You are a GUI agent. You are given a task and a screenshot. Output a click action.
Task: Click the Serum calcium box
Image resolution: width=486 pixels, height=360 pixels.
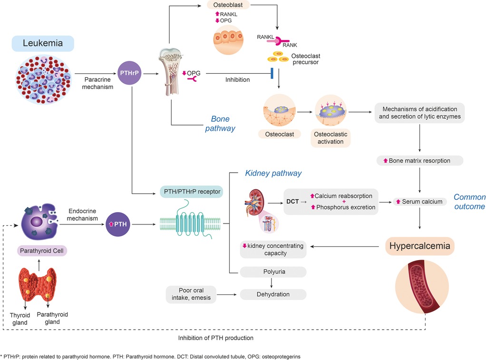click(x=418, y=202)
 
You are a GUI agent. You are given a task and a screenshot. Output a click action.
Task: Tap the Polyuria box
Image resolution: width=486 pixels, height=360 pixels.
click(x=273, y=272)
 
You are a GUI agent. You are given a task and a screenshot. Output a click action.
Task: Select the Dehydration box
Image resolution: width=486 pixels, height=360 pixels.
click(x=273, y=294)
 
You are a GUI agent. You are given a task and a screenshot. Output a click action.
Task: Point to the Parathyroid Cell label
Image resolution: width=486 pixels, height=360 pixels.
click(x=41, y=250)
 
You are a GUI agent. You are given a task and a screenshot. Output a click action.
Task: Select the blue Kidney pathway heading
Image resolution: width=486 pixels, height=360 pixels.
click(x=273, y=173)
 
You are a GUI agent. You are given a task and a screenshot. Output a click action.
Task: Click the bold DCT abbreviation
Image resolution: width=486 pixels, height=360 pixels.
click(x=292, y=201)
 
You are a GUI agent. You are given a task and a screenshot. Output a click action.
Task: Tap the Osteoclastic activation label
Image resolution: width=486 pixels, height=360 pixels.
click(x=330, y=138)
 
